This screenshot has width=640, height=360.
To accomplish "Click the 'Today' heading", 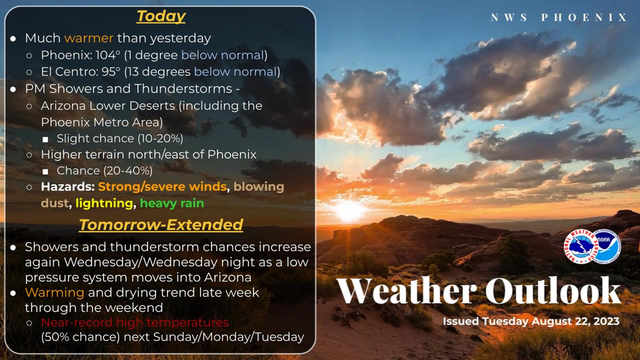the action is (x=161, y=16).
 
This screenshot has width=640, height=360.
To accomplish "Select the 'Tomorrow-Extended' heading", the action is (x=161, y=224).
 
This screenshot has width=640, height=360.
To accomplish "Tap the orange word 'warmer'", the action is (x=88, y=38).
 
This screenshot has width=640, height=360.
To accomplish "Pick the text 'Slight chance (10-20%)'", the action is (x=120, y=138).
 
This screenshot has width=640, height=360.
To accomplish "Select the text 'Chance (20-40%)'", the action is (x=104, y=171).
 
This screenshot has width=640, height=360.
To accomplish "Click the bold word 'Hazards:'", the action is (x=68, y=187).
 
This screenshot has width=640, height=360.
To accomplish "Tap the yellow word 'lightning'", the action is (x=104, y=203).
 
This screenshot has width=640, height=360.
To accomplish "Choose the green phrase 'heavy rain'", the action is (x=172, y=203).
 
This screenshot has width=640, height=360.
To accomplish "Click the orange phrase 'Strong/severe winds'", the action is (x=162, y=187).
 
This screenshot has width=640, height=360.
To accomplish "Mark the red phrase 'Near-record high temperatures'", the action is (x=135, y=322).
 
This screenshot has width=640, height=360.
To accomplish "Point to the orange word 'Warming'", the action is (x=55, y=293).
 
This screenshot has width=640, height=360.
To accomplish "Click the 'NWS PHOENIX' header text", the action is (x=558, y=17).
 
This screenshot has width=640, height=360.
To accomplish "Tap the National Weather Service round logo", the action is (x=579, y=246).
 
